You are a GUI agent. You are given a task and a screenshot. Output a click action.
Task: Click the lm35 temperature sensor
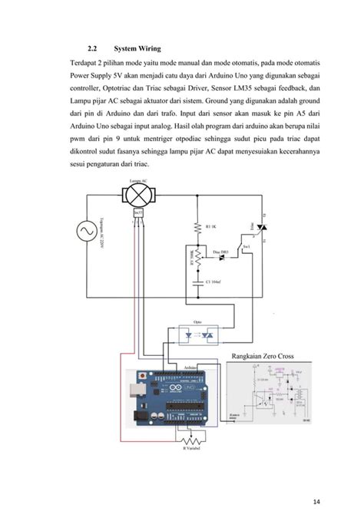138,212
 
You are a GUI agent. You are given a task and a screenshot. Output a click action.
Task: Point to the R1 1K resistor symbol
200,228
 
